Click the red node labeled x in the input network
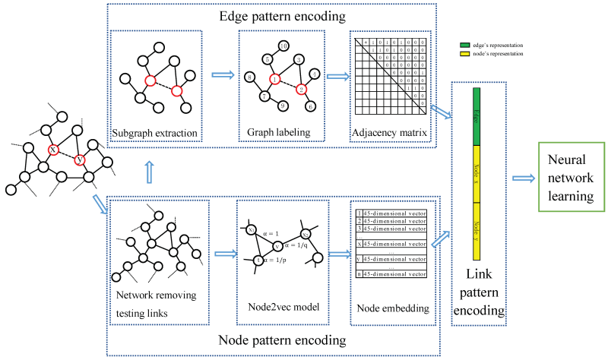52,150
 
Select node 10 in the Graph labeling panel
283,46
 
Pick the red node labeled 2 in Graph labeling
301,90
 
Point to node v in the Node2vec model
278,245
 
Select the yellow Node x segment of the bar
477,174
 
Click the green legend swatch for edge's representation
466,46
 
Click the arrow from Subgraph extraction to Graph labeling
222,75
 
